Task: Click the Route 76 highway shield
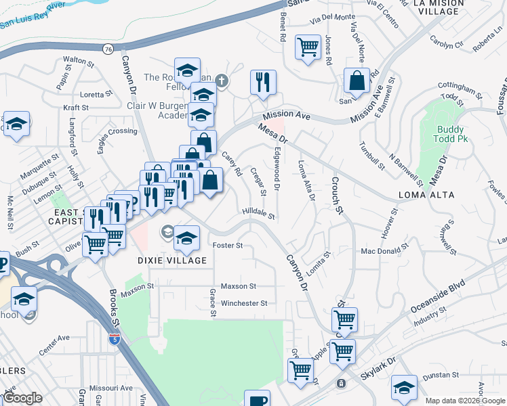(x=109, y=49)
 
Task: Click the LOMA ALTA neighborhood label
(x=428, y=195)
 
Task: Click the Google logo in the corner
(x=22, y=398)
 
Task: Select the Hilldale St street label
(x=258, y=215)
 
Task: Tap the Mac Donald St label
(x=386, y=251)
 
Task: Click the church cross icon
(x=221, y=83)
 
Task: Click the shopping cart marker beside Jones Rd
(x=308, y=47)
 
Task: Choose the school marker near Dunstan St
(x=405, y=387)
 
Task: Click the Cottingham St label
(x=453, y=87)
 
